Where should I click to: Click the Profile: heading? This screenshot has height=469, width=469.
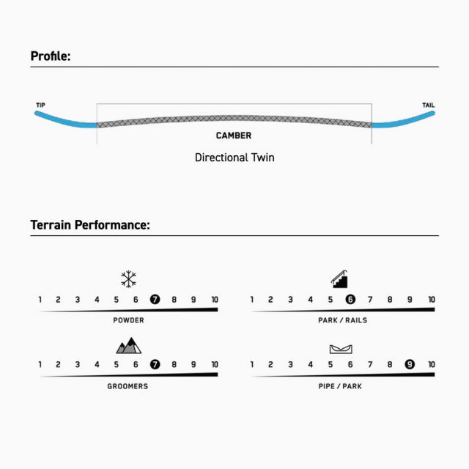pos(51,56)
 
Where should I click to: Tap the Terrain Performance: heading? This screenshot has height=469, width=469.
pos(90,225)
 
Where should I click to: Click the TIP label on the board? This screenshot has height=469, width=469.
pos(41,105)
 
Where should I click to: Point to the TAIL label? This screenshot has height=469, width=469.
pos(428,105)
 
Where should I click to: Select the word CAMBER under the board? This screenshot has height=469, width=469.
pos(234,136)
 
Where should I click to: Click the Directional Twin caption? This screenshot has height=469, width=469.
pos(234,158)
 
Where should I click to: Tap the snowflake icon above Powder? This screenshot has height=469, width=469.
pos(129,278)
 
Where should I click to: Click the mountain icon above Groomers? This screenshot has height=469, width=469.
pos(129,346)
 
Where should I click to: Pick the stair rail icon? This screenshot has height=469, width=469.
pos(339,278)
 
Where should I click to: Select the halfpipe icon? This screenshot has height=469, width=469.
pos(341,349)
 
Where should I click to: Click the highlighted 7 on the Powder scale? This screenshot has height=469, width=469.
pos(155,299)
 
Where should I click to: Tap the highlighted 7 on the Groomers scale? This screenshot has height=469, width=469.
pos(155,364)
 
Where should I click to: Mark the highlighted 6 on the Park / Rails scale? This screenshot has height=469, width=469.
pos(350,299)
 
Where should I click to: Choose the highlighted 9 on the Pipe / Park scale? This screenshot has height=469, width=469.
pos(410,364)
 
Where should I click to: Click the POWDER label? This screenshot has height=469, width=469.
pos(129,320)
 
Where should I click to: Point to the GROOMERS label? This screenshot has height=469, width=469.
pos(128,386)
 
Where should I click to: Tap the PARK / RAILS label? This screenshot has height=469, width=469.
pos(343,320)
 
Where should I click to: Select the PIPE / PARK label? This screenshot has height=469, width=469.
pos(340,386)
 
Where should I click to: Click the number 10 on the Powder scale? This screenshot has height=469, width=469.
pos(215,300)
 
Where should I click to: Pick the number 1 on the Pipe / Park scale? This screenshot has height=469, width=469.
pos(252,364)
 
